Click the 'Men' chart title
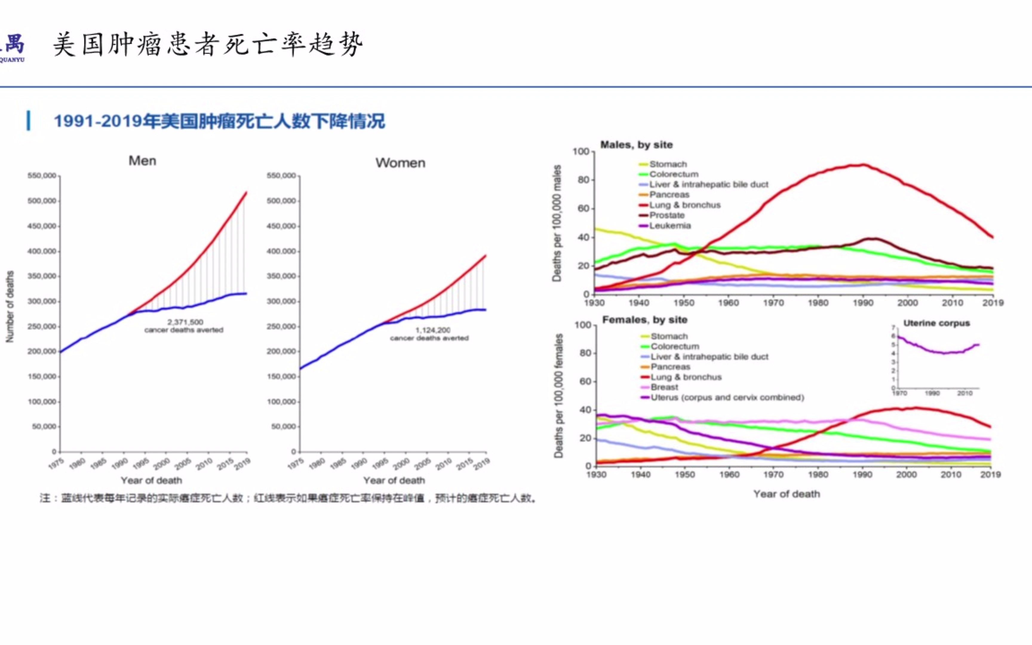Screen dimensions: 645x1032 pyautogui.click(x=142, y=161)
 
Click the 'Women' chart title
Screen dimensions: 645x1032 pyautogui.click(x=400, y=163)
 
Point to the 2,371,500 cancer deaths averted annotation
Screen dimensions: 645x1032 pyautogui.click(x=184, y=326)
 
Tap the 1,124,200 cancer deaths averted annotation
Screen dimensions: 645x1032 pyautogui.click(x=429, y=334)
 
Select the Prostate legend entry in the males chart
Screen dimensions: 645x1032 pyautogui.click(x=666, y=215)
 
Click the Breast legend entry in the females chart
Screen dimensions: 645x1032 pyautogui.click(x=664, y=387)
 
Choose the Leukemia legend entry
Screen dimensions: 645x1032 pyautogui.click(x=669, y=226)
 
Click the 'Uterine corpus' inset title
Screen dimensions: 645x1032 pyautogui.click(x=936, y=323)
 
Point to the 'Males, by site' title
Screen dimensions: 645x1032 pyautogui.click(x=636, y=145)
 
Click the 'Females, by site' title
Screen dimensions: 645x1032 pyautogui.click(x=644, y=320)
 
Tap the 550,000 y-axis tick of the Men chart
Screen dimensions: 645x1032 pyautogui.click(x=42, y=176)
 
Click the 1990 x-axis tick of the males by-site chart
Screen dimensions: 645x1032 pyautogui.click(x=863, y=303)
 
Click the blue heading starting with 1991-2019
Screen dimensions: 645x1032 pyautogui.click(x=219, y=121)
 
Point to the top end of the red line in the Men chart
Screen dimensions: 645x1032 pyautogui.click(x=246, y=193)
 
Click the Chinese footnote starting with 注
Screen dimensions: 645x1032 pyautogui.click(x=288, y=498)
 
